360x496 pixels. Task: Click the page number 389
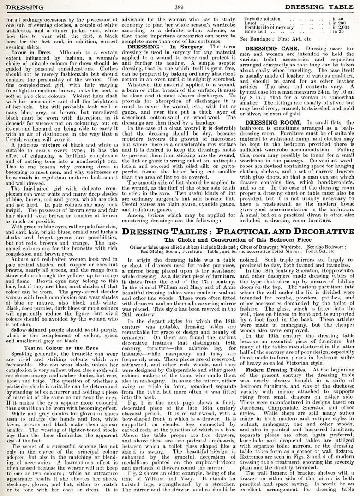click(180, 6)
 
